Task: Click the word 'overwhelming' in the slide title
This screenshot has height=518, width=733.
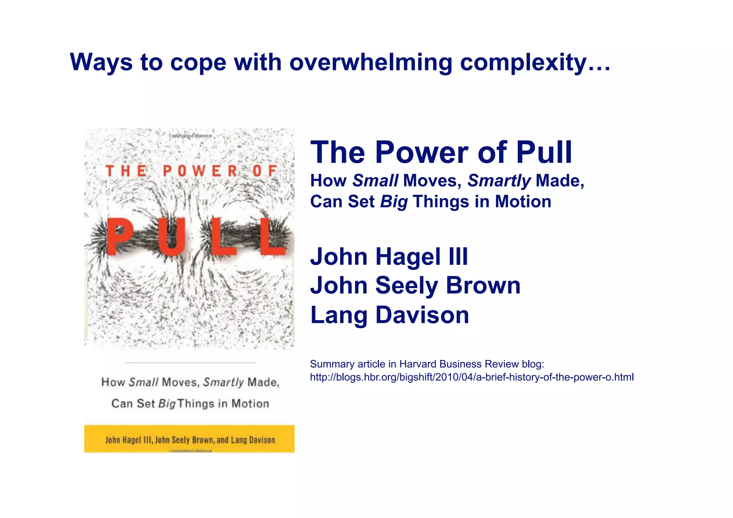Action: pos(371,63)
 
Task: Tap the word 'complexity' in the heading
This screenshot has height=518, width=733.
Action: pos(523,63)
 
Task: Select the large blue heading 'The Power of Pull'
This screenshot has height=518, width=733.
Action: pos(441,153)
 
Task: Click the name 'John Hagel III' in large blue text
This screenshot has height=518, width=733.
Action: pos(389,257)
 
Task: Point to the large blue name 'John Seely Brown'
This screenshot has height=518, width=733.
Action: pos(415,286)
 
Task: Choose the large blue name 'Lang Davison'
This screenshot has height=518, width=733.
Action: pos(389,315)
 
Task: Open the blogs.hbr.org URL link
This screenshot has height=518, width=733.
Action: pos(471,377)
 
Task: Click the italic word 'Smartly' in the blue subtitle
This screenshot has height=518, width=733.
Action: pos(499,181)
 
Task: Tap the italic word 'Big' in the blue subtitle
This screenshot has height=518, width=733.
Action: pos(394,202)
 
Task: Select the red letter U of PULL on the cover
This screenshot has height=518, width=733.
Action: pos(172,237)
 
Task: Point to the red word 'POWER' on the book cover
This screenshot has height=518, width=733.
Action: pos(200,171)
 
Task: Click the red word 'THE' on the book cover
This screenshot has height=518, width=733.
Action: pos(126,171)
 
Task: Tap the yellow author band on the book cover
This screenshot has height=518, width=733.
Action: pos(189,439)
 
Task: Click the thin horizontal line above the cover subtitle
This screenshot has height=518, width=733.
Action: pos(190,363)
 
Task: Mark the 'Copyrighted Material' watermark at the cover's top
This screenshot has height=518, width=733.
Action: pos(190,136)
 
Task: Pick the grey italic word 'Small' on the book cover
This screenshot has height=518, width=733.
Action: pos(143,382)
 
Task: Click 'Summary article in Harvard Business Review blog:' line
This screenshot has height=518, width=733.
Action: pos(427,364)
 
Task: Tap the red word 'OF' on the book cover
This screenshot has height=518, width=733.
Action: pos(264,171)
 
